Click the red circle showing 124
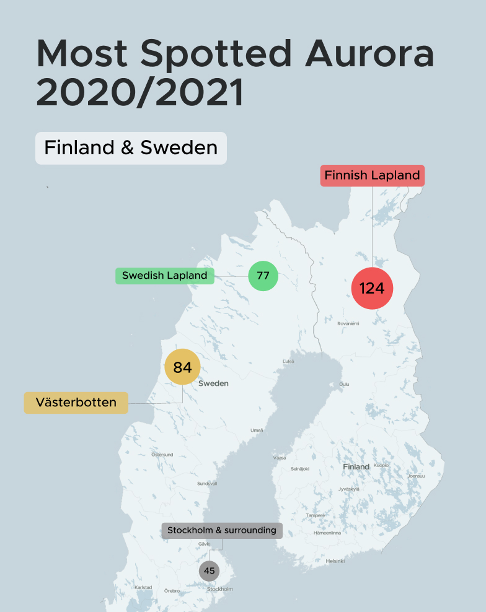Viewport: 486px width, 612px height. click(x=372, y=288)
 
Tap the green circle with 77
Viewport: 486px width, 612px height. click(x=263, y=276)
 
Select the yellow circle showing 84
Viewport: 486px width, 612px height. click(x=182, y=367)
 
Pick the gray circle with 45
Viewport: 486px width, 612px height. click(x=209, y=570)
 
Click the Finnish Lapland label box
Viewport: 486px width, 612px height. click(x=372, y=175)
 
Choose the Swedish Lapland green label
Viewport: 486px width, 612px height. click(x=165, y=276)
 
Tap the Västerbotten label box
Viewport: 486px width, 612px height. click(x=76, y=403)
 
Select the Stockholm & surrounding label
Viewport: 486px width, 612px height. click(x=222, y=530)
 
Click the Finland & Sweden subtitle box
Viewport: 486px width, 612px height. click(x=131, y=148)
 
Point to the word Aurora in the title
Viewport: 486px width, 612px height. click(x=369, y=55)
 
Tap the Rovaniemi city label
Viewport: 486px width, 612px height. click(x=348, y=324)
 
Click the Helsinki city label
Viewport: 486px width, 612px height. click(x=335, y=561)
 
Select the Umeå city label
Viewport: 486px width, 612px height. click(x=257, y=431)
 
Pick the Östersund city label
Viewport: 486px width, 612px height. click(x=162, y=455)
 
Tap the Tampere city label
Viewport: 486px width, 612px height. click(x=315, y=515)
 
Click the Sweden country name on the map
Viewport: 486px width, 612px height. click(x=213, y=383)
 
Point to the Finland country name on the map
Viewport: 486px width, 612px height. click(x=356, y=466)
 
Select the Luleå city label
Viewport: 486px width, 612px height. click(x=288, y=361)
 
